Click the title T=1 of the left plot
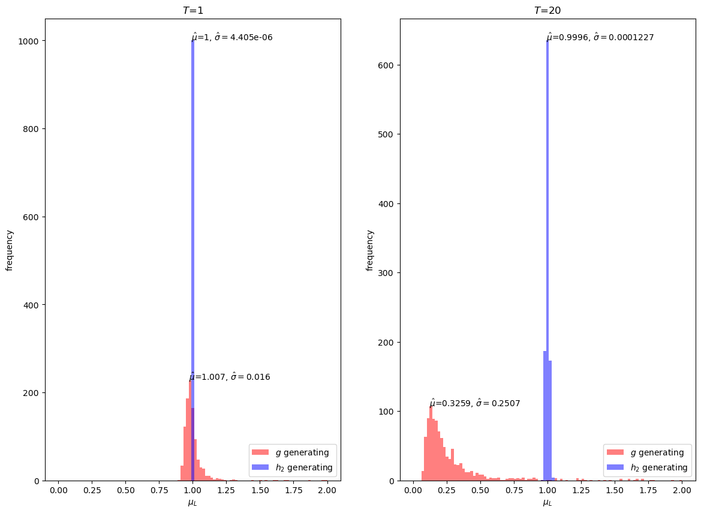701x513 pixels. tap(192, 10)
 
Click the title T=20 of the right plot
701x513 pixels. tap(547, 10)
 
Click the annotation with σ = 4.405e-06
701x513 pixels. tap(232, 37)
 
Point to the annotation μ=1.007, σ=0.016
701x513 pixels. tap(230, 377)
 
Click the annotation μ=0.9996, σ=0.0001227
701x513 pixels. tap(600, 37)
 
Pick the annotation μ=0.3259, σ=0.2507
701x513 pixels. tap(474, 403)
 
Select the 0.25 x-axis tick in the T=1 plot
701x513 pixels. tap(92, 491)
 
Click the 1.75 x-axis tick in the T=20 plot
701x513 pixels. tap(648, 491)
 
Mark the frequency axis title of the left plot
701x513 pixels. tap(10, 250)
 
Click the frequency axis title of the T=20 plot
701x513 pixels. tap(370, 250)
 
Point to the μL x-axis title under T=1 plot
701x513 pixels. tap(192, 503)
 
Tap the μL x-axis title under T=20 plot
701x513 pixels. tap(547, 503)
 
